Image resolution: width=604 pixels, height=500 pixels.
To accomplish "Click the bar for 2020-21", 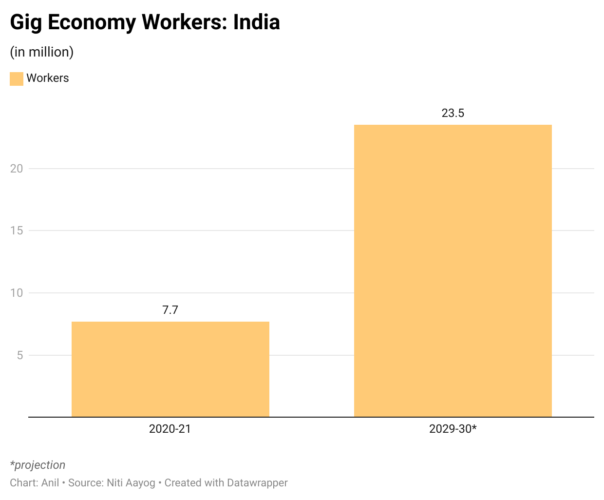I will click(x=170, y=369).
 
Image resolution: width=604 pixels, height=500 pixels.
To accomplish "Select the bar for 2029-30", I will click(x=453, y=270).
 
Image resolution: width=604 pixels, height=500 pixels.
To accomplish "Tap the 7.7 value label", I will click(x=170, y=310).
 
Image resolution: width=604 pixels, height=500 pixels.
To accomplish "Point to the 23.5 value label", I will click(x=453, y=113).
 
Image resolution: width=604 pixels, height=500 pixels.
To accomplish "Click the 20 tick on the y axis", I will click(x=17, y=169).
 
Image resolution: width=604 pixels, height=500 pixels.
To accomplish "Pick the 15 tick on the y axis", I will click(x=17, y=231).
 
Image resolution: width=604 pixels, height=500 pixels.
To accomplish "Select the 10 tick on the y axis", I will click(x=17, y=293).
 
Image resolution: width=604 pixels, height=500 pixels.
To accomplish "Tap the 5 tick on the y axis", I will click(x=19, y=355).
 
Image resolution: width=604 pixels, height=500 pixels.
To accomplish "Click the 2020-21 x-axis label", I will click(x=170, y=429).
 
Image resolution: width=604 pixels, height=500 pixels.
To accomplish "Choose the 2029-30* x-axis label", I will click(x=453, y=429).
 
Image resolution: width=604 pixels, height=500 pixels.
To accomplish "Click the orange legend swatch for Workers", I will click(x=17, y=78).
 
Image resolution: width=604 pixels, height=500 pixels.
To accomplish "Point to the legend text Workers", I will click(x=48, y=78).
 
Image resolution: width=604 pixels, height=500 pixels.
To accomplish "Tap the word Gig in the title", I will click(x=25, y=22).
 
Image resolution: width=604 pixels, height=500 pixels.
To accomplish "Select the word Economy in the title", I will click(x=92, y=22).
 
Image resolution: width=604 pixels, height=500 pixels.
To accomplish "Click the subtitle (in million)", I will click(x=42, y=52).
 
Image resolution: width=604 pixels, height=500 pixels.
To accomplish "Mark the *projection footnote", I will click(x=38, y=465).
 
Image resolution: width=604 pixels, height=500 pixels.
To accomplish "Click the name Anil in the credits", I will click(x=50, y=483).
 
